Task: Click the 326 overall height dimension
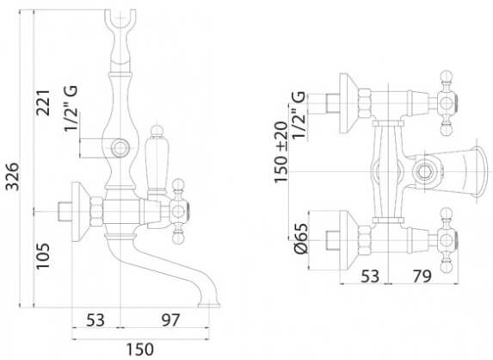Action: pos(13,177)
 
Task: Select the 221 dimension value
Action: pos(43,102)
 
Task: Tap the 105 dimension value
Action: pos(43,256)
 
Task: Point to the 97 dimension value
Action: pos(170,320)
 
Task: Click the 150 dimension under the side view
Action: pos(140,350)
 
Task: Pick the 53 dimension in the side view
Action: pos(96,320)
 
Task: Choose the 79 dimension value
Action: pos(422,276)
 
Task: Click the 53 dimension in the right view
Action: pos(370,276)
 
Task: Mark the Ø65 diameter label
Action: pos(301,239)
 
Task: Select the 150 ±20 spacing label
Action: pos(281,152)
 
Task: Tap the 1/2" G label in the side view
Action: pos(71,108)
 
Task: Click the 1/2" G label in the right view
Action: pos(299,115)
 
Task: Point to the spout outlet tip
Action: pos(209,305)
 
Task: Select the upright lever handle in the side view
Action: pos(157,159)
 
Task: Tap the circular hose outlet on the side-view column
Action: pos(120,147)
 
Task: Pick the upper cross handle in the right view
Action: pos(447,103)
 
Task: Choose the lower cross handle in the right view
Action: pos(447,240)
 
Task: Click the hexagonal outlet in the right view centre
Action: pos(425,172)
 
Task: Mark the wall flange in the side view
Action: pos(80,212)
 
